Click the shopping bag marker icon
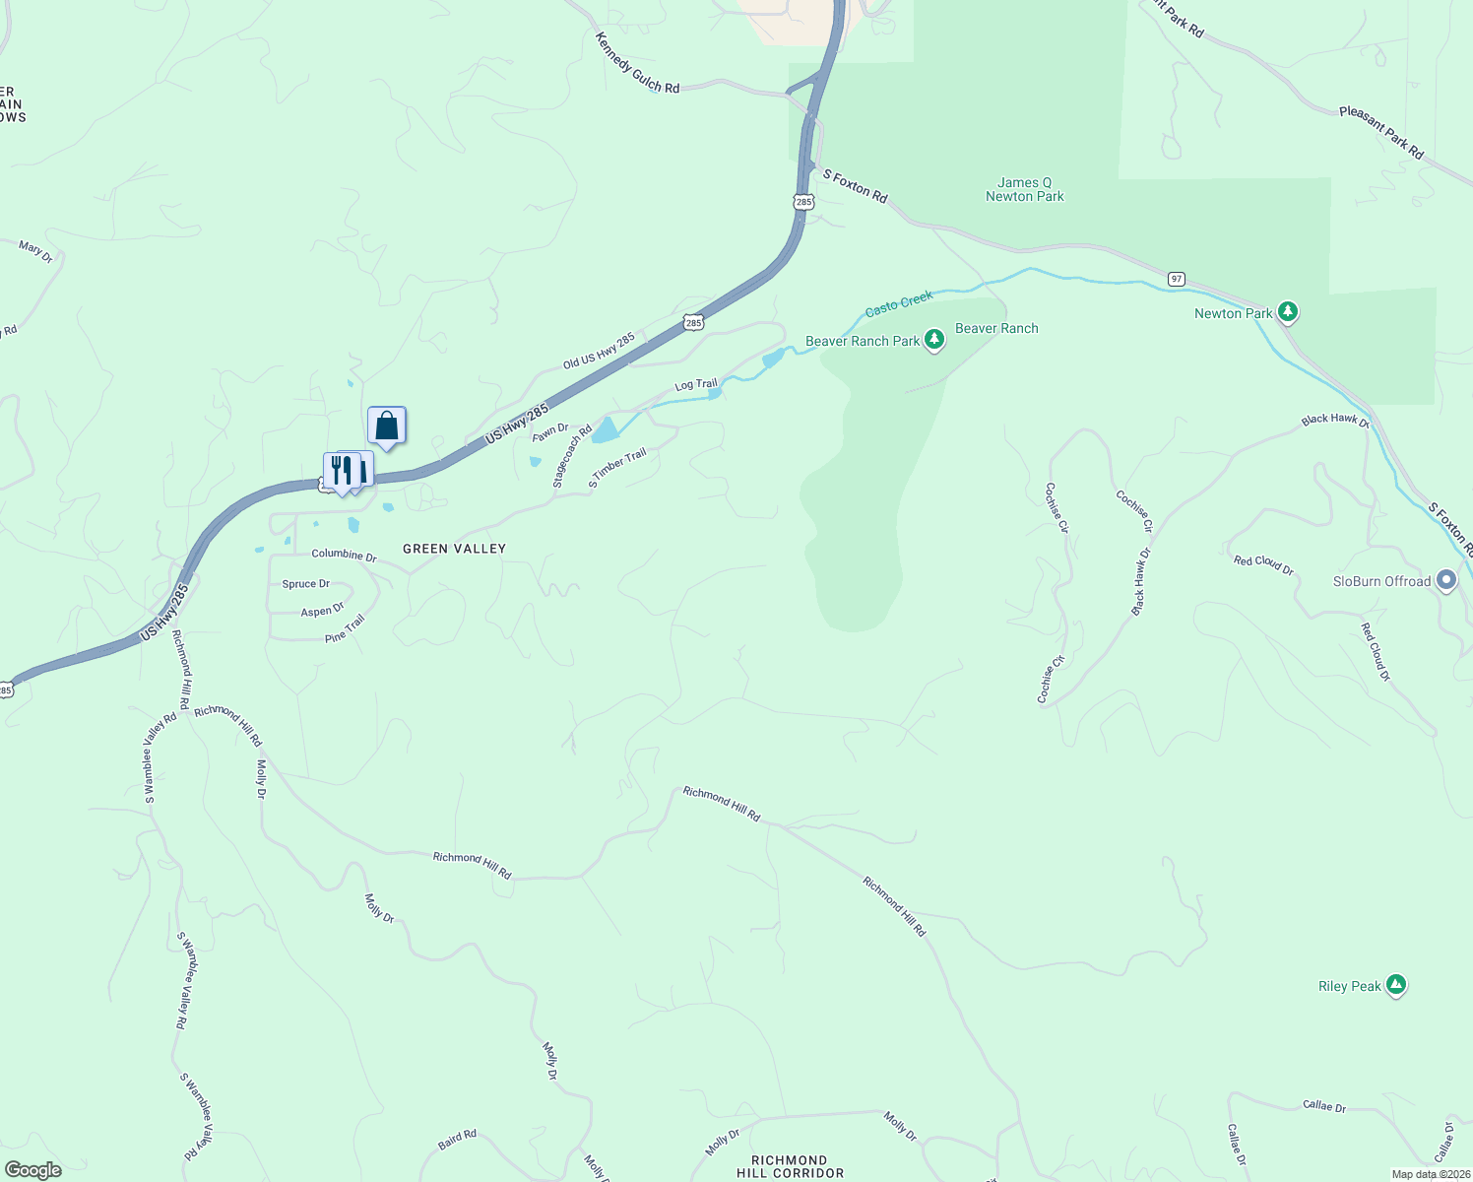coord(387,426)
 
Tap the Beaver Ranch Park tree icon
coord(934,341)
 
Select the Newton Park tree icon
coord(1287,312)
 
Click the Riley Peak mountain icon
coord(1395,984)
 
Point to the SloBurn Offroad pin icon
coord(1445,580)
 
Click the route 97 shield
coord(1177,280)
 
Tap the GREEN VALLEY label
coord(454,549)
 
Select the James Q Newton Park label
coord(1024,189)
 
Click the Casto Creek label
coord(898,304)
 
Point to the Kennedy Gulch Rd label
coord(637,63)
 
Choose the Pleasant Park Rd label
coord(1381,133)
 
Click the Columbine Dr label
coord(344,555)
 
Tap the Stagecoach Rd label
coord(572,456)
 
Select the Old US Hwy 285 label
coord(599,352)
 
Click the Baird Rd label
coord(457,1140)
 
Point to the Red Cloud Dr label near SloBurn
coord(1375,652)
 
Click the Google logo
coord(33,1170)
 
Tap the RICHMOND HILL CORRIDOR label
coord(790,1166)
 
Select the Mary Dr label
coord(35,251)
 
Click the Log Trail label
coord(696,385)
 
